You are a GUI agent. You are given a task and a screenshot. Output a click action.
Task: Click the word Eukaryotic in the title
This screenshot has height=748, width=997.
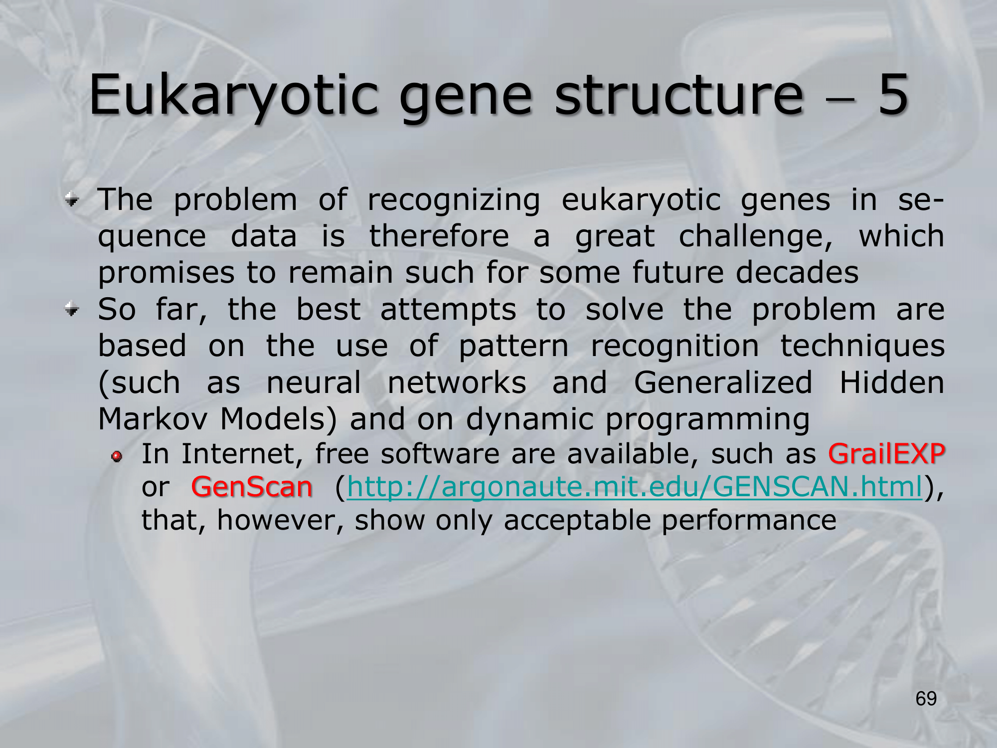(234, 95)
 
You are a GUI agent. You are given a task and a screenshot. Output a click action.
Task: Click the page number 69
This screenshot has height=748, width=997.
(926, 699)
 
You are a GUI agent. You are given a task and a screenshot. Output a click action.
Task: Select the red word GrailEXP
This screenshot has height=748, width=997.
(886, 454)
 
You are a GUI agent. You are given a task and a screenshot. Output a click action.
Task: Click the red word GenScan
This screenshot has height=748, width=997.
(252, 487)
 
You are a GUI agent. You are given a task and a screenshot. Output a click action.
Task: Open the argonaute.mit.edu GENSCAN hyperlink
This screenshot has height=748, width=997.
(635, 487)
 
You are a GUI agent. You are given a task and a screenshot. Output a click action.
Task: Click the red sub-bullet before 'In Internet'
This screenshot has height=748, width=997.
(117, 456)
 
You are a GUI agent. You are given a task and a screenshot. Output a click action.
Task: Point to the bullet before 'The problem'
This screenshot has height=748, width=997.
(72, 200)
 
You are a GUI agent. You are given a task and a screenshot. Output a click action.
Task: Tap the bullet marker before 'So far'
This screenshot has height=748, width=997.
(72, 310)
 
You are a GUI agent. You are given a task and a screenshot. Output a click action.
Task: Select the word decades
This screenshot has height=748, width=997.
(797, 272)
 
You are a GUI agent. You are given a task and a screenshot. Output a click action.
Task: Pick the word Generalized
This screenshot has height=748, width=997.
(723, 382)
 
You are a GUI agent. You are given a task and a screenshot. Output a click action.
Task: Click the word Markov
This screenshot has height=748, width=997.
(153, 419)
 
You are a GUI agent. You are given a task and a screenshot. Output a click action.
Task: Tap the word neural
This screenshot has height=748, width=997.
(314, 382)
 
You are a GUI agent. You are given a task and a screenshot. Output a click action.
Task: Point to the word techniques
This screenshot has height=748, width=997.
(862, 346)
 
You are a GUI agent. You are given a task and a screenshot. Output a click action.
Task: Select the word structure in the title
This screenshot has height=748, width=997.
(679, 95)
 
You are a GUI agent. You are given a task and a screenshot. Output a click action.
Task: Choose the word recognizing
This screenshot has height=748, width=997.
(454, 201)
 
